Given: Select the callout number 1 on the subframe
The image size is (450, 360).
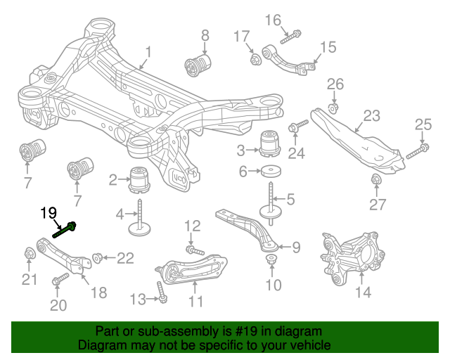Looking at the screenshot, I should click(148, 51).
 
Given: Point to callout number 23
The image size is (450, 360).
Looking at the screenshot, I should click(371, 115).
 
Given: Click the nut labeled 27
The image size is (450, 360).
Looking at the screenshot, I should click(375, 181).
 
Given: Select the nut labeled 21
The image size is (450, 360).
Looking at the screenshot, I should click(29, 252).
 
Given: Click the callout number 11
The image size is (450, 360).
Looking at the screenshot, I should click(195, 302).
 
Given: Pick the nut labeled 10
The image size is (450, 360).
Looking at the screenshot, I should click(270, 261).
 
